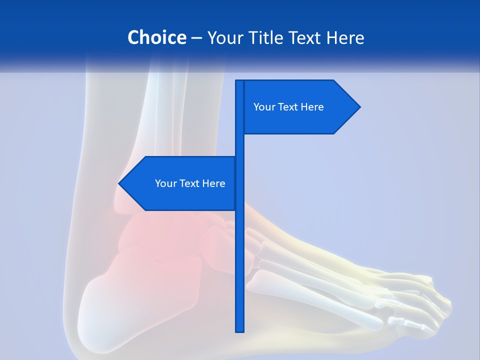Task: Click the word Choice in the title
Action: point(156,37)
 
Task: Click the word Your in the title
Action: point(224,37)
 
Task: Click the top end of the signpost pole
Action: point(239,81)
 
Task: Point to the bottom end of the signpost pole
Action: point(239,330)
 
